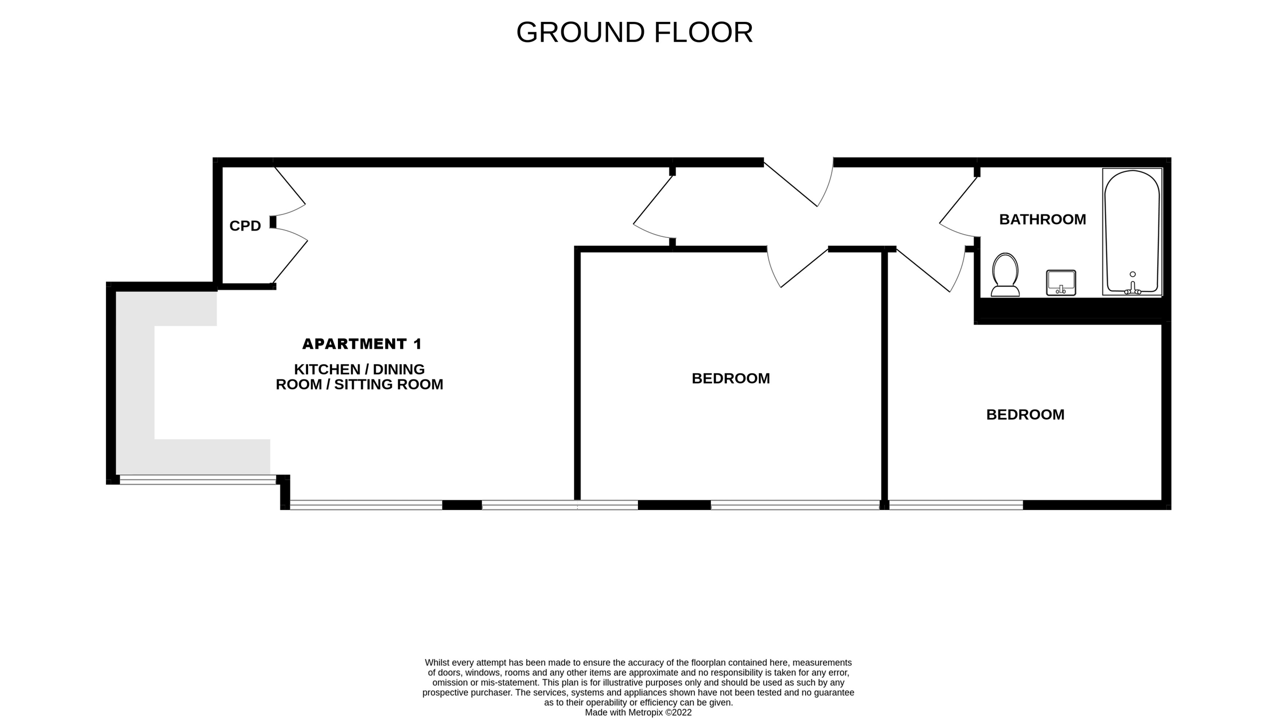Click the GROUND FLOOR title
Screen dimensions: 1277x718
tap(634, 32)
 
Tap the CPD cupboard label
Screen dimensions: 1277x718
tap(245, 226)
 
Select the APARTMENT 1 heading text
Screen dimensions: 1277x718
tap(362, 344)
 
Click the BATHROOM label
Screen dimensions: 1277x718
tap(1042, 219)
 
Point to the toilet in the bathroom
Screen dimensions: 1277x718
tap(1005, 275)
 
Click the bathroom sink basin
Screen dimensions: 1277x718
tap(1061, 283)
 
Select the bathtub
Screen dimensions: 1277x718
tap(1132, 232)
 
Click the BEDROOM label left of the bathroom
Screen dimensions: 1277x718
tap(731, 378)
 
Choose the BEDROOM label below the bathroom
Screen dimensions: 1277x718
tap(1025, 415)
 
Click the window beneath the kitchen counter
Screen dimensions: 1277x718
tap(198, 480)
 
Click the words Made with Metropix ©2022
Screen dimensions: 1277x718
tap(638, 712)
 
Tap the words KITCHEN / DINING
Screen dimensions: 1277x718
tap(359, 369)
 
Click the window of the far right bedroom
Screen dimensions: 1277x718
tap(956, 505)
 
